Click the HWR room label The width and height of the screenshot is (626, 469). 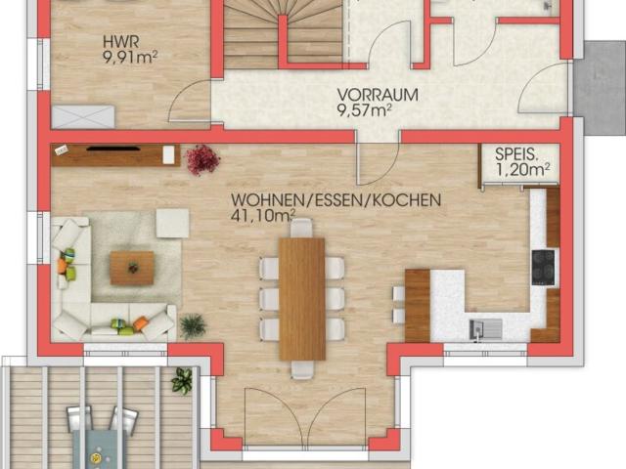(x=120, y=42)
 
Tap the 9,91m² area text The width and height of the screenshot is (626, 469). (x=129, y=56)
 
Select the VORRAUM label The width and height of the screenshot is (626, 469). (x=378, y=95)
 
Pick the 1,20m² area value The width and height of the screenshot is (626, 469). (x=523, y=169)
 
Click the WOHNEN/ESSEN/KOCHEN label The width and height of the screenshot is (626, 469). (x=335, y=200)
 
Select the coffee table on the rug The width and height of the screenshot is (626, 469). (x=132, y=267)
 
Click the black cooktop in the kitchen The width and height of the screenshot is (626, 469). (x=543, y=267)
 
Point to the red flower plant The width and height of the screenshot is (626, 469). (x=202, y=158)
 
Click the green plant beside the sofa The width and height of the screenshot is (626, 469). (x=193, y=325)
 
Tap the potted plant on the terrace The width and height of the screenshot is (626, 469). (x=182, y=380)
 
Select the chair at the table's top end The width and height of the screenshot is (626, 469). (x=302, y=228)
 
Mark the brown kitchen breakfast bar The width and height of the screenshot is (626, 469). (x=418, y=305)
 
